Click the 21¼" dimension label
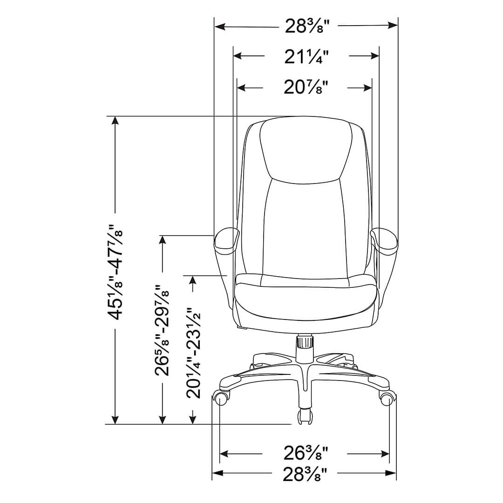pos(306,57)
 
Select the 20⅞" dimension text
pos(306,87)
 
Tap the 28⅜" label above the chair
pos(307,26)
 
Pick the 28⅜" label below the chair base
pos(305,475)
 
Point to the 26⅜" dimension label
pos(306,453)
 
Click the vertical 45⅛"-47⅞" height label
pos(115,272)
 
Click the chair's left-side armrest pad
pos(227,240)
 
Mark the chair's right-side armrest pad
pos(384,239)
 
